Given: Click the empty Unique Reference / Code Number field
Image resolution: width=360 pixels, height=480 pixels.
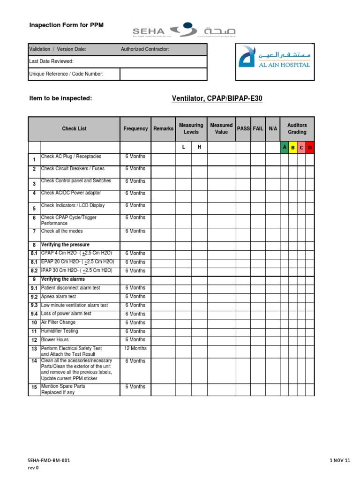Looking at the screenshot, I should (163, 74).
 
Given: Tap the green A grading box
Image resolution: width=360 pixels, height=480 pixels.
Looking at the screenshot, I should (284, 148).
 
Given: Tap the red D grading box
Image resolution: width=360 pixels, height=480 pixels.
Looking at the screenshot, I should (310, 148).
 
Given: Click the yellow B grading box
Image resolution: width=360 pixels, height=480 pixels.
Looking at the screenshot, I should (293, 148).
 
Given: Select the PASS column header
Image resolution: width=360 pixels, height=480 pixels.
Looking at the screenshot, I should (243, 128).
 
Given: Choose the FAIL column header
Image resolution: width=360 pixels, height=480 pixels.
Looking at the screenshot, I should (258, 128).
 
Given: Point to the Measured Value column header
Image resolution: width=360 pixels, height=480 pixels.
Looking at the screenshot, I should (221, 128).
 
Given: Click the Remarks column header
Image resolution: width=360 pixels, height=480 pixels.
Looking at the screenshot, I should (163, 128).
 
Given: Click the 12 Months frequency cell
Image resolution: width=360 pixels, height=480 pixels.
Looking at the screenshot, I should (135, 348).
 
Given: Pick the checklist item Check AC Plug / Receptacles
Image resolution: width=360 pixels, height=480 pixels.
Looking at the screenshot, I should (71, 157).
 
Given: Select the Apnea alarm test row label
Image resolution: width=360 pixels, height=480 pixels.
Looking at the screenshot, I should (59, 297).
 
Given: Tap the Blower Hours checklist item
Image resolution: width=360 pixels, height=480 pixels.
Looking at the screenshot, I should (55, 340).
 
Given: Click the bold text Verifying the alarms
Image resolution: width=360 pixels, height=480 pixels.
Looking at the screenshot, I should (63, 279).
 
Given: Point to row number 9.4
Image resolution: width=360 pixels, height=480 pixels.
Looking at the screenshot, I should (34, 314).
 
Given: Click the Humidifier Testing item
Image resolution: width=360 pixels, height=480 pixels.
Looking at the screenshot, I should (60, 331).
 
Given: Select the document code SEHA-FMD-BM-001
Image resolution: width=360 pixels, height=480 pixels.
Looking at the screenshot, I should (49, 461).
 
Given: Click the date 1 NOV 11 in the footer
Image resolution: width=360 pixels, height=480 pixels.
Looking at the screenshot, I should (340, 461).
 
